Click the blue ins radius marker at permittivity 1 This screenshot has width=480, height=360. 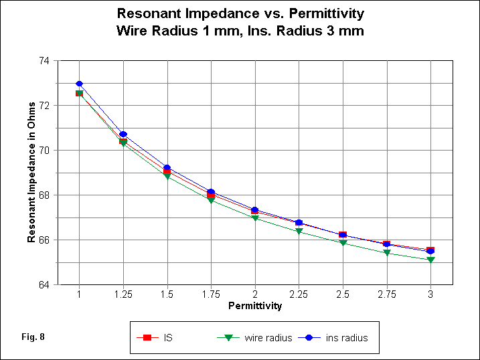(79, 84)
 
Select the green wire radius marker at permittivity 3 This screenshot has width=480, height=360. (430, 260)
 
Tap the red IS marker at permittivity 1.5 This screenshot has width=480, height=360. (167, 172)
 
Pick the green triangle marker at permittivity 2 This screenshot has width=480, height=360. (255, 218)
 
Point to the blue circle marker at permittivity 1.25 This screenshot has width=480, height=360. (123, 134)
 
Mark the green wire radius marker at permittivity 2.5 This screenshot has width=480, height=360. (343, 243)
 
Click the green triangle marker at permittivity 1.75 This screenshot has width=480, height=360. (211, 200)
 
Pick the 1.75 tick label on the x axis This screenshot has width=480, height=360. (211, 294)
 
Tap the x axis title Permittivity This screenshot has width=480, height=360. (255, 306)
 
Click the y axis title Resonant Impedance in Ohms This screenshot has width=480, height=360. (31, 172)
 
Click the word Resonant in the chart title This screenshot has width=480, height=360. (145, 13)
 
